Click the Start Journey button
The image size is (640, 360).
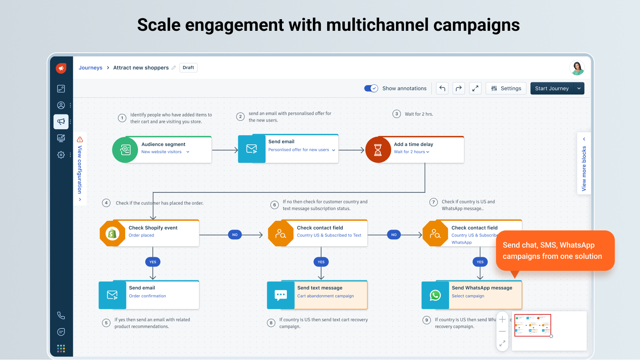click(x=552, y=88)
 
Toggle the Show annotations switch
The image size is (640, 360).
click(x=371, y=88)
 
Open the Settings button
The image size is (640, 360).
click(x=506, y=88)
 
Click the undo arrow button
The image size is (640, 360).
click(x=442, y=88)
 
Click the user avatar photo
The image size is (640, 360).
click(x=577, y=68)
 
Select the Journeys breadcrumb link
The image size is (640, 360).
click(x=90, y=68)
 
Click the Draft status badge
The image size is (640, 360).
click(x=188, y=68)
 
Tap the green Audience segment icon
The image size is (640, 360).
click(x=125, y=150)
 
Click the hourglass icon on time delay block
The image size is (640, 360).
click(x=378, y=150)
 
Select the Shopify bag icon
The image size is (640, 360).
click(x=112, y=233)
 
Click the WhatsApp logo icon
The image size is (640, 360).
click(x=435, y=295)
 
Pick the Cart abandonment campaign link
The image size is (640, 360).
click(x=325, y=296)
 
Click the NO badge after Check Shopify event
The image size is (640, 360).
click(x=235, y=235)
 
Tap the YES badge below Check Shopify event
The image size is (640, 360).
click(x=153, y=262)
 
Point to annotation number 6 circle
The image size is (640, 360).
click(x=274, y=205)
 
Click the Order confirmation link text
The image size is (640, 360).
click(x=147, y=296)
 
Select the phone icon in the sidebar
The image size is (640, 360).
click(x=61, y=315)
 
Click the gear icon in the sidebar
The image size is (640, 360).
click(x=61, y=154)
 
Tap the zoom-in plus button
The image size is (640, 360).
click(x=502, y=319)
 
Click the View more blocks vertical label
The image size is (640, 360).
click(x=584, y=168)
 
